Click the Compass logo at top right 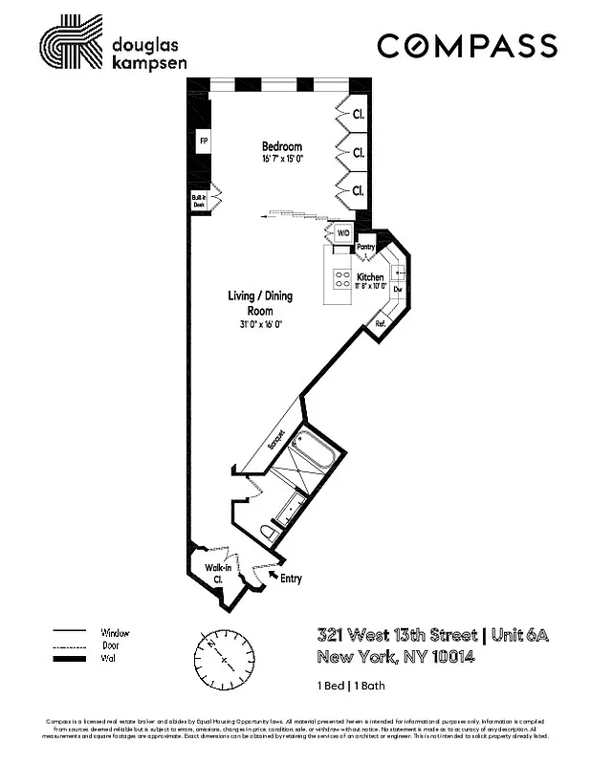(x=467, y=45)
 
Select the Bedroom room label (x=282, y=146)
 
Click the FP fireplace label (x=203, y=142)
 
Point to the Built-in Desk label (x=200, y=200)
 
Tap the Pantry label (x=366, y=247)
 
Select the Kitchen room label (x=370, y=277)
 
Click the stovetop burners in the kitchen (x=341, y=278)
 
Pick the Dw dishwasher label (x=396, y=289)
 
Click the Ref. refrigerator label (x=380, y=323)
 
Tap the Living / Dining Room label (x=259, y=303)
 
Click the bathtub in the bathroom (x=314, y=448)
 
